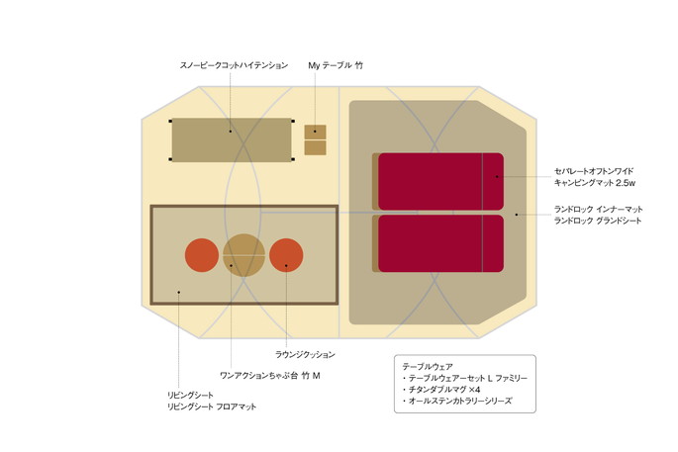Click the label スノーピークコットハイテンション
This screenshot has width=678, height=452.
tap(234, 65)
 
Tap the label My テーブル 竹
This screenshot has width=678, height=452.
tap(336, 65)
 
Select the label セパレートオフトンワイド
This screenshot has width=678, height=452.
tap(594, 171)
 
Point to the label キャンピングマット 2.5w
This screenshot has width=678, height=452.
tap(594, 183)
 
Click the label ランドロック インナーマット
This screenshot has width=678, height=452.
tap(598, 209)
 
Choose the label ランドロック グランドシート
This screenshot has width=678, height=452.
tap(598, 221)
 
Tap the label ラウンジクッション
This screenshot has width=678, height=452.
tap(305, 354)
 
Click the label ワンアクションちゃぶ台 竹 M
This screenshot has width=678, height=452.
tap(269, 376)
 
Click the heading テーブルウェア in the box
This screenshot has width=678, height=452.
tap(427, 366)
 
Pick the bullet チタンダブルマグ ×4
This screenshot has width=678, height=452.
tap(444, 390)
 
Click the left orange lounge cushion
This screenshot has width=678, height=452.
tap(202, 255)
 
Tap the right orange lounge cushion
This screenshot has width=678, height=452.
tap(286, 255)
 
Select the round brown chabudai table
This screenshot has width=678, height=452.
tap(243, 254)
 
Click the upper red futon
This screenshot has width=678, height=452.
tap(440, 181)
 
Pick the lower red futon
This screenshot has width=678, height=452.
tap(440, 243)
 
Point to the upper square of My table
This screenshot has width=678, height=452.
tap(315, 132)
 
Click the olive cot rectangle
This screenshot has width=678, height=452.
tap(232, 140)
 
